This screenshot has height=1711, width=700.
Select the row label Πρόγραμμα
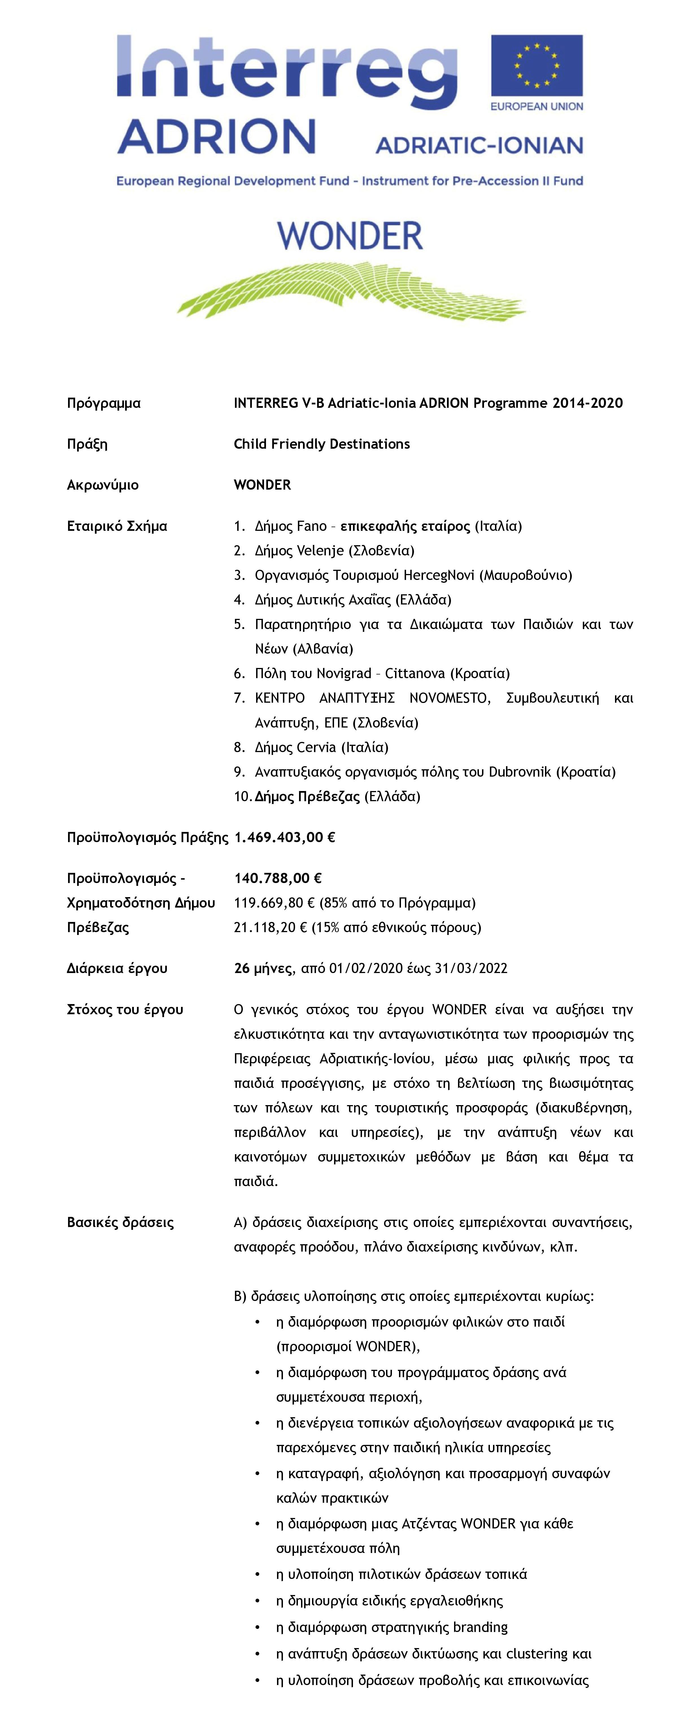pyautogui.click(x=104, y=403)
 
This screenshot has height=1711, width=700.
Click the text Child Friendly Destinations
pyautogui.click(x=322, y=444)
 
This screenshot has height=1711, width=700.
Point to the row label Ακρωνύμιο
pyautogui.click(x=103, y=485)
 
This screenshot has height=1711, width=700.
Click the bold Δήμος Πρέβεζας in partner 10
pyautogui.click(x=307, y=796)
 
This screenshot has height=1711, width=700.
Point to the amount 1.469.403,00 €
pyautogui.click(x=285, y=838)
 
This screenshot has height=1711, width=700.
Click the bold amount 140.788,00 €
pyautogui.click(x=278, y=878)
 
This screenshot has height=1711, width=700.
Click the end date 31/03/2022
pyautogui.click(x=471, y=969)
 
